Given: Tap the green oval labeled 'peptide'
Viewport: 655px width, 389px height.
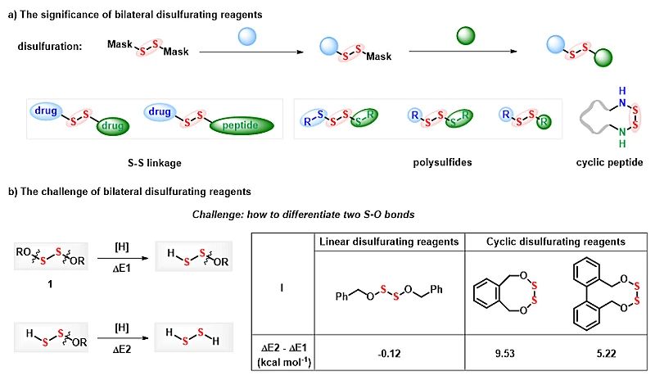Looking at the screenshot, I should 245,125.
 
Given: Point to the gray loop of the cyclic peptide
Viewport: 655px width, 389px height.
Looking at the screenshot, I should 589,124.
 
